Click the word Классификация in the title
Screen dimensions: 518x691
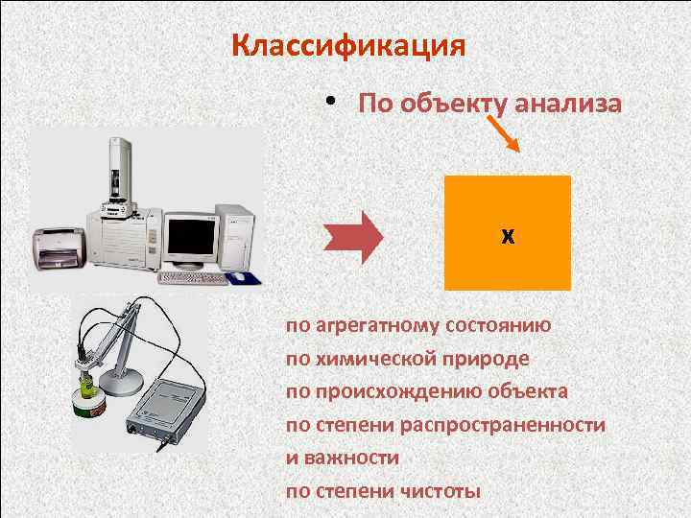pyautogui.click(x=349, y=45)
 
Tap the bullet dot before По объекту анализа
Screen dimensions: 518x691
pyautogui.click(x=329, y=101)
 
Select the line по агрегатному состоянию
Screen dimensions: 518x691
pyautogui.click(x=418, y=324)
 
